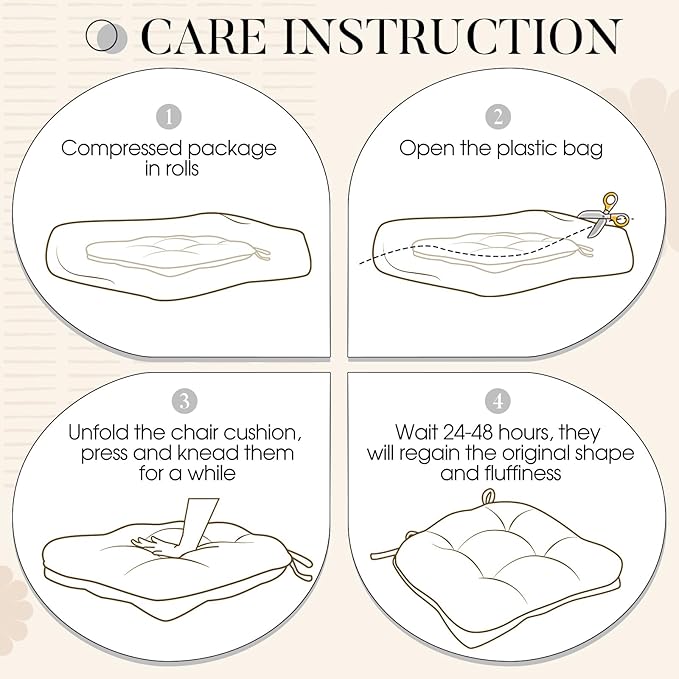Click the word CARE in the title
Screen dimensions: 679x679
[204, 37]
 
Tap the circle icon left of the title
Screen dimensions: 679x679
[107, 37]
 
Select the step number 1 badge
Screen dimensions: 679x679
[168, 116]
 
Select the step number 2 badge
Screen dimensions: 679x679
[498, 116]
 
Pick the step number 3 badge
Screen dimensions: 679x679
[184, 401]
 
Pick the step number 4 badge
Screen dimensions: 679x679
[498, 401]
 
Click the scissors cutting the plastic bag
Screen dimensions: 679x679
[605, 216]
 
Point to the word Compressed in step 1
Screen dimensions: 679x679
[122, 149]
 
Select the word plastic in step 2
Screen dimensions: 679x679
[527, 149]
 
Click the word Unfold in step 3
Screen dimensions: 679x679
[99, 433]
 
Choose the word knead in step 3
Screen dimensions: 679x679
[209, 453]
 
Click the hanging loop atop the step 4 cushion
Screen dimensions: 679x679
[488, 497]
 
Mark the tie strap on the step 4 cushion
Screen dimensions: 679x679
[388, 552]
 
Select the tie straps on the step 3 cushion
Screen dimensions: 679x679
[299, 563]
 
